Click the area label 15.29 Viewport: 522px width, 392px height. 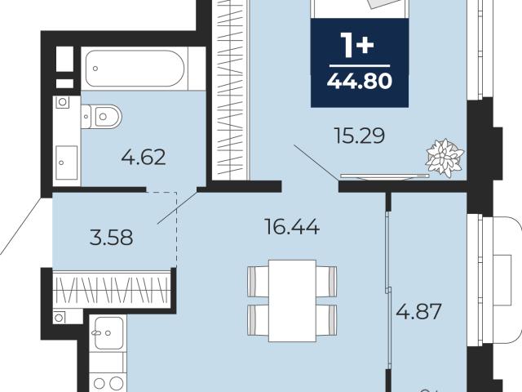click(360, 136)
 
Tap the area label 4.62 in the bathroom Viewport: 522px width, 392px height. click(144, 158)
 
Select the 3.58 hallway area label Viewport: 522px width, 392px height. click(112, 238)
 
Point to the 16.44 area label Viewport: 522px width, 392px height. click(292, 227)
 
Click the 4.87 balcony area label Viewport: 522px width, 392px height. click(418, 311)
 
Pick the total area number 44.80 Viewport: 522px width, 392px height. click(360, 81)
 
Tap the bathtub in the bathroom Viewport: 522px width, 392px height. click(135, 69)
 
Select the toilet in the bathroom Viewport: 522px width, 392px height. click(101, 116)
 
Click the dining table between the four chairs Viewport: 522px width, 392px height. click(292, 301)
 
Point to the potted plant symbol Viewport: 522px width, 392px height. click(445, 158)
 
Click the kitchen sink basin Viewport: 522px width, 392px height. click(108, 332)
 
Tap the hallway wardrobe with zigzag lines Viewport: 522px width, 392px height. click(112, 288)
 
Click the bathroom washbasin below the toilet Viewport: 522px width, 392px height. click(67, 163)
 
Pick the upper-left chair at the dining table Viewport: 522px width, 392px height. click(259, 281)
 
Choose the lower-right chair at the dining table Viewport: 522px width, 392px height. click(326, 320)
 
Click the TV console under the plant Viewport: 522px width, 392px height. click(385, 176)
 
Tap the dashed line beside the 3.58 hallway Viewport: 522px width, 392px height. click(176, 229)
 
